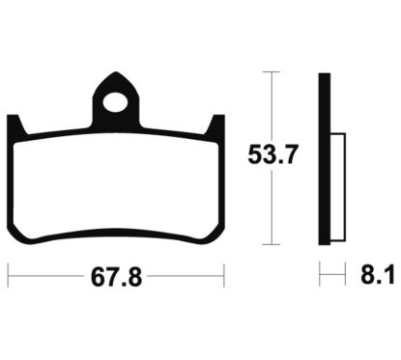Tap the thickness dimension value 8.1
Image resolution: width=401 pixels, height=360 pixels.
point(378,277)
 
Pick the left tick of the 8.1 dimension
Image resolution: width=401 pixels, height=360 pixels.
point(320,276)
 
